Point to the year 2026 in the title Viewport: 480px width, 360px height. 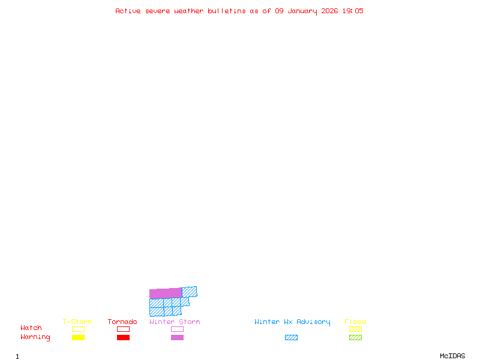coord(329,11)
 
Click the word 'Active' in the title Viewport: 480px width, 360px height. coord(128,11)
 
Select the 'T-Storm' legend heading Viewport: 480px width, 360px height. coord(77,322)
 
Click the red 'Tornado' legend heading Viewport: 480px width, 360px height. coord(122,322)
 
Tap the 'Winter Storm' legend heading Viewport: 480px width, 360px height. coord(175,322)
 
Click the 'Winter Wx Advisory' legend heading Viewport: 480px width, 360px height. coord(292,322)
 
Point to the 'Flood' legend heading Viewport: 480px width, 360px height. coord(355,322)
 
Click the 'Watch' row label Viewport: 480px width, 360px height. coord(31,328)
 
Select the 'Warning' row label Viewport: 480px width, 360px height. coord(35,337)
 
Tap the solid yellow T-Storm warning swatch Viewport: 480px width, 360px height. coord(78,338)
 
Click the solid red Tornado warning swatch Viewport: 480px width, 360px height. coord(123,338)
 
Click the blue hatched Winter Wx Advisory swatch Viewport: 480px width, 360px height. coord(291,338)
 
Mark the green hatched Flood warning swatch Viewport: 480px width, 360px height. coord(355,338)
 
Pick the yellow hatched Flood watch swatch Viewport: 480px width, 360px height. coord(355,329)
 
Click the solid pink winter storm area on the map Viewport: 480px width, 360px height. coord(165,293)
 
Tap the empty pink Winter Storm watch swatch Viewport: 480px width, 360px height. coord(177,329)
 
